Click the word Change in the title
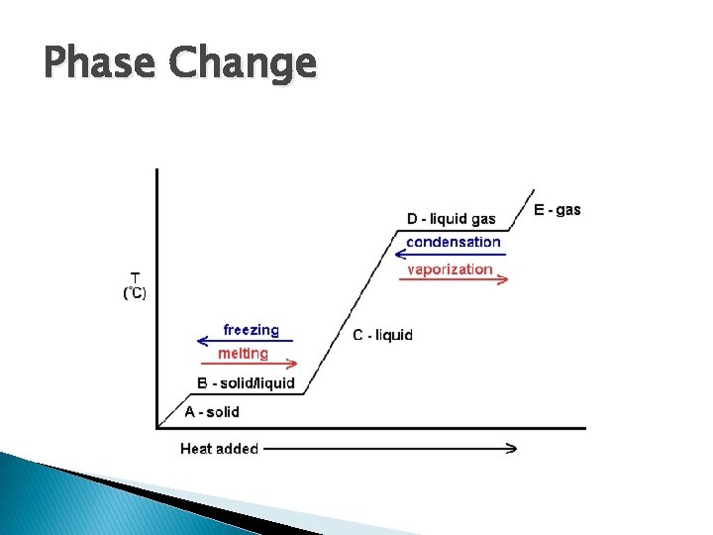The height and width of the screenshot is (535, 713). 243,65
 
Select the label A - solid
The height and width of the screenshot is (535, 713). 212,411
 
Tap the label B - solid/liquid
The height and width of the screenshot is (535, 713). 245,383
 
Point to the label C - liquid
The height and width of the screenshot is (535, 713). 382,335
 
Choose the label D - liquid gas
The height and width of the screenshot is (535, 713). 451,219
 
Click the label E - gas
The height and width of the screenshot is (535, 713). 558,210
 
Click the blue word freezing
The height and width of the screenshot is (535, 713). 251,330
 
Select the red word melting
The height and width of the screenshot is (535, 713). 243,354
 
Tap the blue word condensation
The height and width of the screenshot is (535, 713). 454,242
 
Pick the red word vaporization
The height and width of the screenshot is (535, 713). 450,268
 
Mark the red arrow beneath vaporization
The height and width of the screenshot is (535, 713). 454,280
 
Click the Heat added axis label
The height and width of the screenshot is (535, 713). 219,449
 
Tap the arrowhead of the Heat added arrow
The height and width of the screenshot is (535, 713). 511,448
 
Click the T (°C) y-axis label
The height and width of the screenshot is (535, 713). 135,285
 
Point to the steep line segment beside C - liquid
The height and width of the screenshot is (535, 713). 347,313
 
